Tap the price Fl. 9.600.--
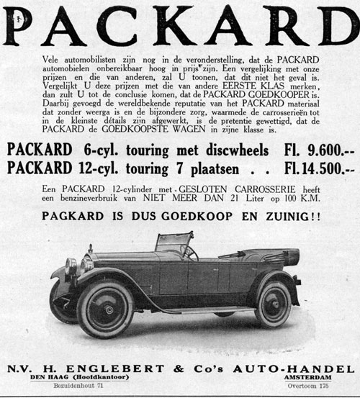coord(317,150)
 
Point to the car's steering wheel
coord(191,252)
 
